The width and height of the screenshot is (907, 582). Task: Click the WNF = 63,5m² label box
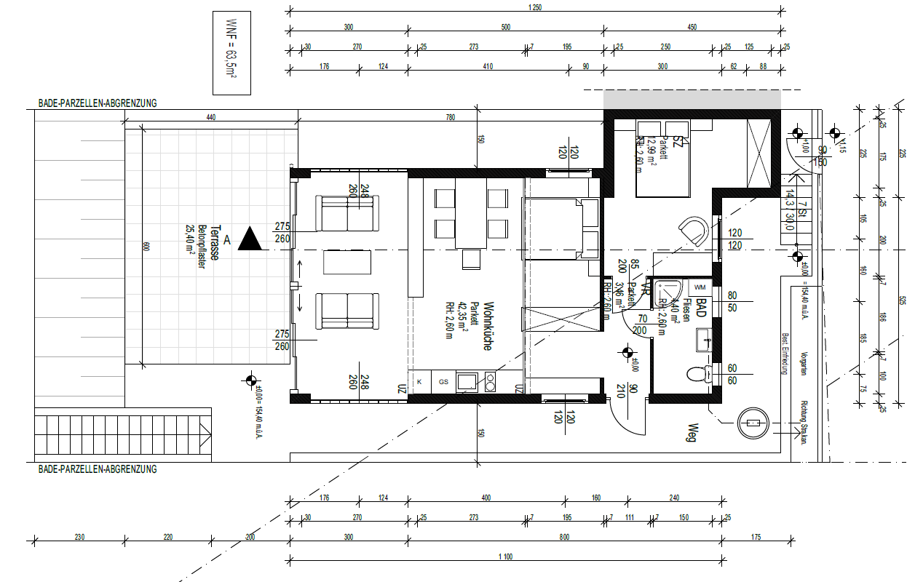coord(231,53)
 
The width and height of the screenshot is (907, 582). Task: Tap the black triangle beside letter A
coord(250,239)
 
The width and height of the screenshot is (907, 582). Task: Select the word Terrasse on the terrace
coord(216,242)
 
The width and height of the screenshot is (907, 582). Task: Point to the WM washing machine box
coord(700,287)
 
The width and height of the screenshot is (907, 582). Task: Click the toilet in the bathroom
coord(698,375)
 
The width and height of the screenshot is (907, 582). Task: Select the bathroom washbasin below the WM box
coord(703,338)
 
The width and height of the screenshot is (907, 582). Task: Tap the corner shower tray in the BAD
coord(667,292)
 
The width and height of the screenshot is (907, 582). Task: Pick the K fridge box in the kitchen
coord(419,380)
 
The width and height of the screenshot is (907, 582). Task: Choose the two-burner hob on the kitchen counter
coord(490,380)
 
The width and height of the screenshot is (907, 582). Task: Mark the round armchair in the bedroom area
coord(694,231)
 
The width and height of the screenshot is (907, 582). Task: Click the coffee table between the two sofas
coord(347,262)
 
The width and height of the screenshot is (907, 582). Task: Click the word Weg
coord(694,434)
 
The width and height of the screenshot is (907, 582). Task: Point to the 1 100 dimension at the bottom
coord(507,557)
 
